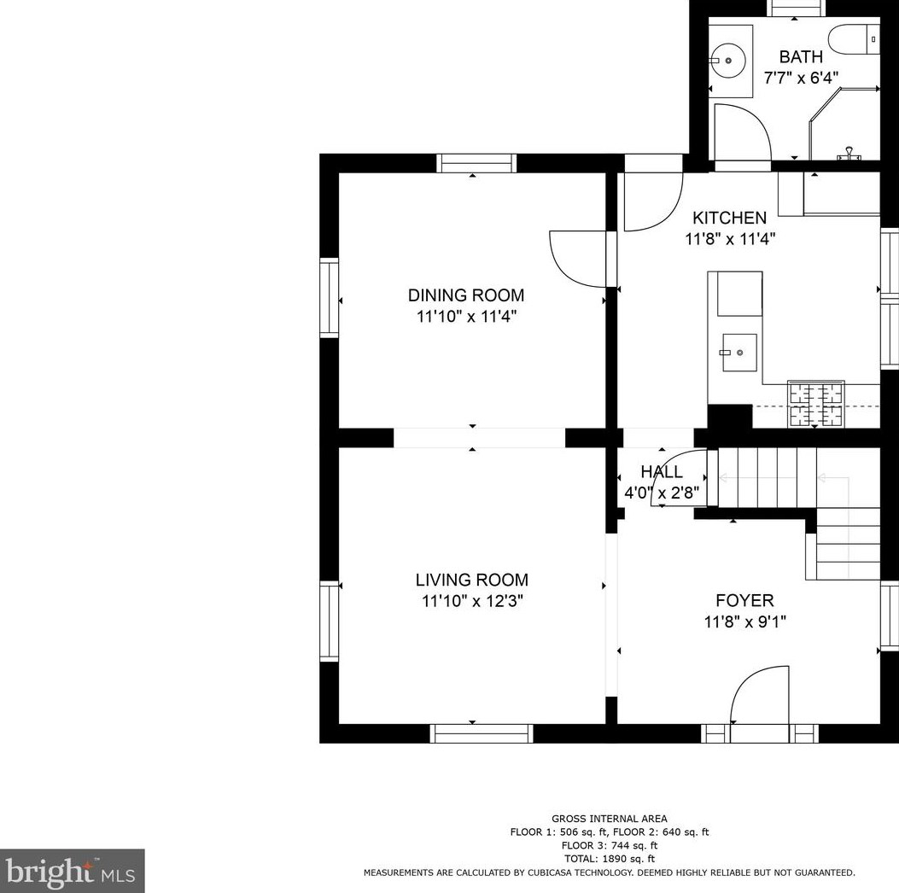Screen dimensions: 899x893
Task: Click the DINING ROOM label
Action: (x=466, y=295)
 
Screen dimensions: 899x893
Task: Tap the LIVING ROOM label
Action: (x=472, y=580)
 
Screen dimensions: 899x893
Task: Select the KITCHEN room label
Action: (x=729, y=218)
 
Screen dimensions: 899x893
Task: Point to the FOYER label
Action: (x=744, y=600)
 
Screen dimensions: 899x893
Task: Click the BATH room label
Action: (x=801, y=56)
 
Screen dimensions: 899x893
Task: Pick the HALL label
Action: (x=662, y=472)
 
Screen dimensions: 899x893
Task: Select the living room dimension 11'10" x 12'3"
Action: (x=472, y=601)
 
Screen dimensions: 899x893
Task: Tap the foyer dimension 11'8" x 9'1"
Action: (x=744, y=622)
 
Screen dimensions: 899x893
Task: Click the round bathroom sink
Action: (x=728, y=60)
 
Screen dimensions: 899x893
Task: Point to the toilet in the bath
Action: (x=855, y=39)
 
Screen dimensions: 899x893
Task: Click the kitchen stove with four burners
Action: (x=815, y=404)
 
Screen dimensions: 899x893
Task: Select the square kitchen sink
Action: (x=739, y=353)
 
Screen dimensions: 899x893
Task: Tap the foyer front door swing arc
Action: (x=750, y=680)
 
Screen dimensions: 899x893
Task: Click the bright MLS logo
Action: (x=71, y=872)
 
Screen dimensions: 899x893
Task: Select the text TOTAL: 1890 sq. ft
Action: (x=610, y=859)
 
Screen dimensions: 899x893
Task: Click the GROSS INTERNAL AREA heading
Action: (x=610, y=819)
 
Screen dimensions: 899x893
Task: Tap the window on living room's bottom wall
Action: (x=482, y=733)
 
